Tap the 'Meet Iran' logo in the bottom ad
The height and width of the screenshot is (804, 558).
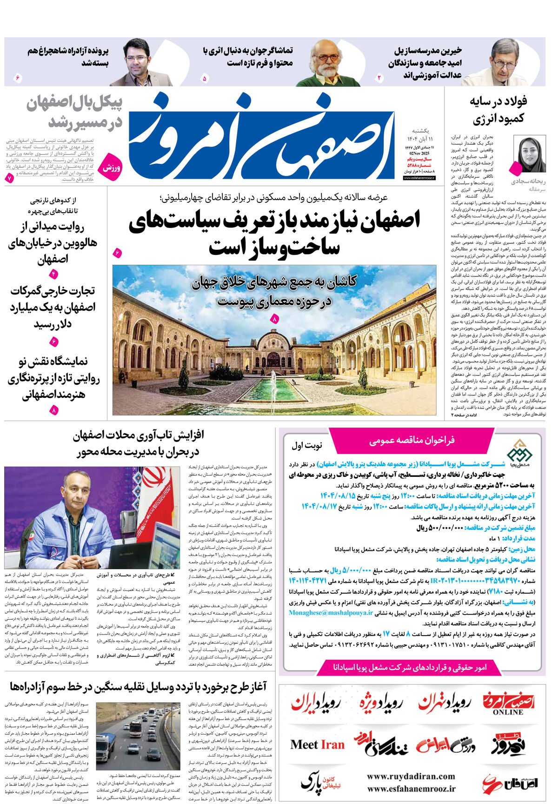[x=317, y=745]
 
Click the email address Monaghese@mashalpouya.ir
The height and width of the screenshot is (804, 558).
[x=331, y=613]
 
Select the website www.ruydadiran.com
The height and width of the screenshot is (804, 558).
[x=411, y=777]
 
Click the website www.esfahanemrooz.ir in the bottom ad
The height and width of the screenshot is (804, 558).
[x=411, y=789]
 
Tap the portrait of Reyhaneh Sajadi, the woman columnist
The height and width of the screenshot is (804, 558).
[x=529, y=155]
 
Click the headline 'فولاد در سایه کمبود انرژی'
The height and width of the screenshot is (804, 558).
[x=498, y=110]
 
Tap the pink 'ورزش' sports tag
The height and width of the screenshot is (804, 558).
[x=112, y=166]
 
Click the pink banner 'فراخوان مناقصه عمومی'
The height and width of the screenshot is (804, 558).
[x=412, y=440]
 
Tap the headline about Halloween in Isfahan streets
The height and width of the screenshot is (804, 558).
[x=53, y=243]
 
